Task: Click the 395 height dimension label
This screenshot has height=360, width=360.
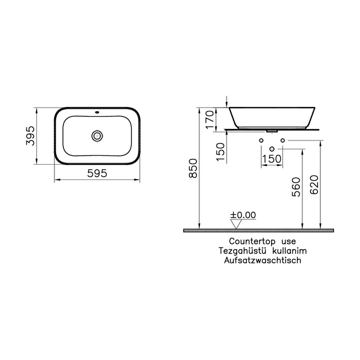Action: click(30, 136)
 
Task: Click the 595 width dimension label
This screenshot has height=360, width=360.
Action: click(97, 173)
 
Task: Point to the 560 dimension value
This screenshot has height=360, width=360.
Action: click(296, 187)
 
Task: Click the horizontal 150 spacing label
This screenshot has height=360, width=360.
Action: click(272, 159)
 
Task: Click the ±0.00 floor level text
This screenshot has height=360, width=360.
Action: click(243, 215)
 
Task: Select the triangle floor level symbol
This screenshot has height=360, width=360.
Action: click(236, 224)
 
